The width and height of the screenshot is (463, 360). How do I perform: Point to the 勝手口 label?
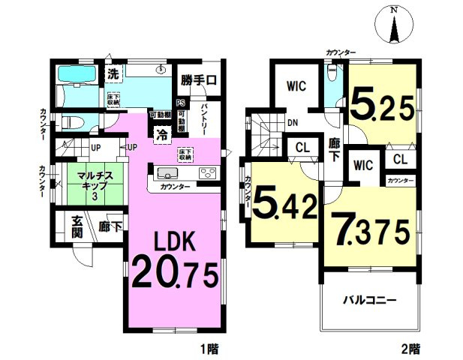198,77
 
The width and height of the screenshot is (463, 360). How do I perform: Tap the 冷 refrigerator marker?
161,134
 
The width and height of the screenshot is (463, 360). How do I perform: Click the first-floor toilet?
68,122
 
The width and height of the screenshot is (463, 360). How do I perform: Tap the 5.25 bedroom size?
381,107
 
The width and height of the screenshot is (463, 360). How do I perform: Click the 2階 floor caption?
410,349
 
